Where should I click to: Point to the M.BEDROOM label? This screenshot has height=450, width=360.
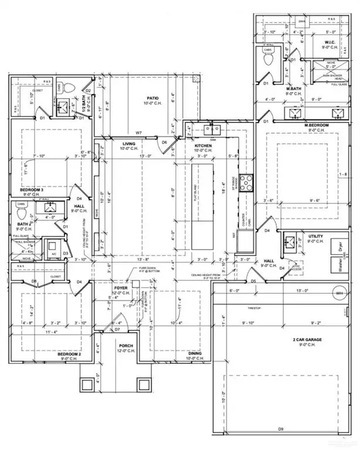point(317,125)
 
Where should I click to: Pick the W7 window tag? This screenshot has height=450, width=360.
point(139,133)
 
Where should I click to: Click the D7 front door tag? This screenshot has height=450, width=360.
point(117,330)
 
